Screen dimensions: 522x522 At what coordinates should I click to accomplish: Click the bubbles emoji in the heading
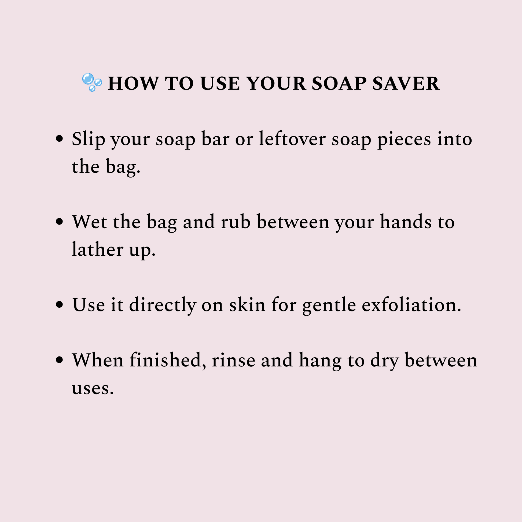[x=92, y=82]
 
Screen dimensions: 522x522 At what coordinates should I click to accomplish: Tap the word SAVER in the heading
[x=406, y=83]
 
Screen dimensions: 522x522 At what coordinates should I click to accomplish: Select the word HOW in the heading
[x=133, y=83]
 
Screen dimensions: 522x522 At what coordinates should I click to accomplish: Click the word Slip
[x=88, y=139]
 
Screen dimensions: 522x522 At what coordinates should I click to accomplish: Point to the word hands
[x=406, y=222]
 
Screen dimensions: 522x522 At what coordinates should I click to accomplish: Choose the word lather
[x=98, y=249]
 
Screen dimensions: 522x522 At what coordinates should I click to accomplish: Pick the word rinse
[x=234, y=361]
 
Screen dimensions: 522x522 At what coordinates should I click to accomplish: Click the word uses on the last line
[x=92, y=389]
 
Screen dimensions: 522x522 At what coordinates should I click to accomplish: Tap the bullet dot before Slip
[x=59, y=139]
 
